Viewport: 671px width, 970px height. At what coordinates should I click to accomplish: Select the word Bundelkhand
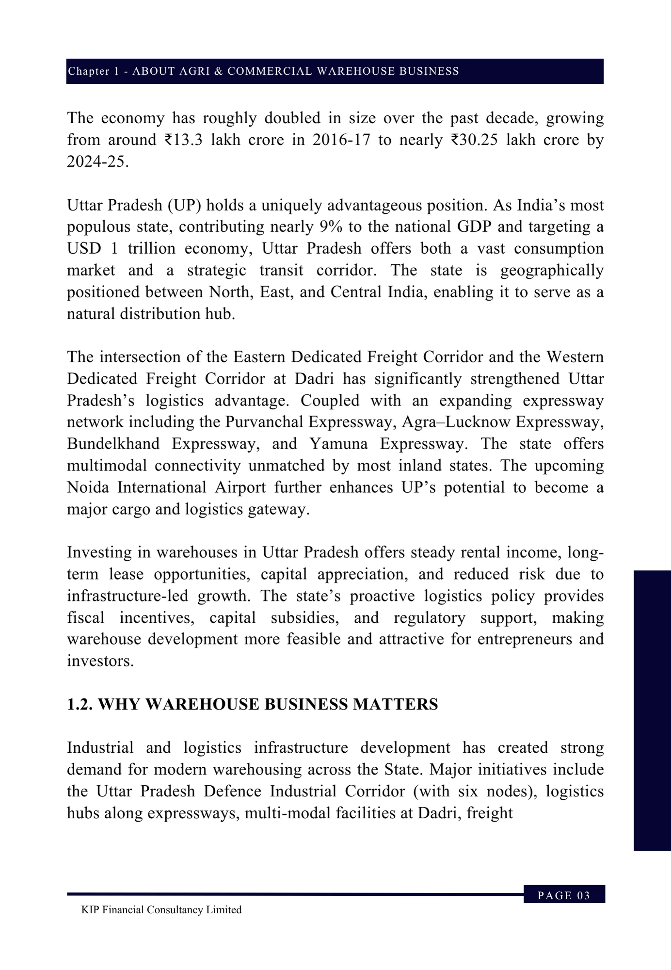click(x=113, y=444)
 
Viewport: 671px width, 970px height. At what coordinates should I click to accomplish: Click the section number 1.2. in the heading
click(x=80, y=705)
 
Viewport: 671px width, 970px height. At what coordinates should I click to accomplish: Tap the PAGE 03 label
click(x=564, y=896)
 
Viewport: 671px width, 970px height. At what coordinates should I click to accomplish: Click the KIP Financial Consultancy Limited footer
click(x=161, y=910)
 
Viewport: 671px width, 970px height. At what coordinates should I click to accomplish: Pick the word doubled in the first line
click(x=286, y=118)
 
